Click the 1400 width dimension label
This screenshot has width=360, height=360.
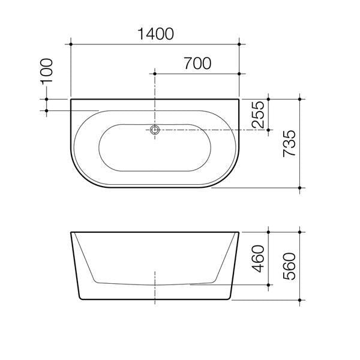[x=155, y=34]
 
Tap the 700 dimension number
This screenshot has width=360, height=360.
[x=197, y=64]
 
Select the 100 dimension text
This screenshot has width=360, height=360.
[x=47, y=71]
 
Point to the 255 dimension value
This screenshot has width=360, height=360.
[x=258, y=115]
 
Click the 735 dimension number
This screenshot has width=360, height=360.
[x=290, y=144]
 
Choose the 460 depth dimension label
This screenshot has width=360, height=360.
[x=258, y=259]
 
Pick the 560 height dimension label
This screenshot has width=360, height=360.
[x=290, y=266]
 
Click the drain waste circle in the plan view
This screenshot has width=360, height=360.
[x=155, y=130]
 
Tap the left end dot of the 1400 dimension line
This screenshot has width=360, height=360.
[x=71, y=44]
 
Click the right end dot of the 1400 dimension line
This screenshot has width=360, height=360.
[x=239, y=44]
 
